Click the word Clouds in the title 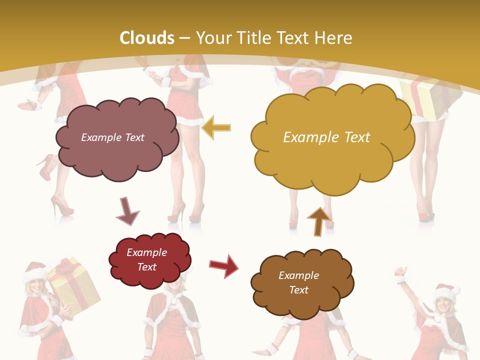pos(147,38)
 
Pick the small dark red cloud pos(149,259)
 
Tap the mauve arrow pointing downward pos(127,211)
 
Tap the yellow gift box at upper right pos(423,99)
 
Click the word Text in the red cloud pos(147,267)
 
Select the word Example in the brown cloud pos(298,275)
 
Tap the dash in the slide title pos(185,38)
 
